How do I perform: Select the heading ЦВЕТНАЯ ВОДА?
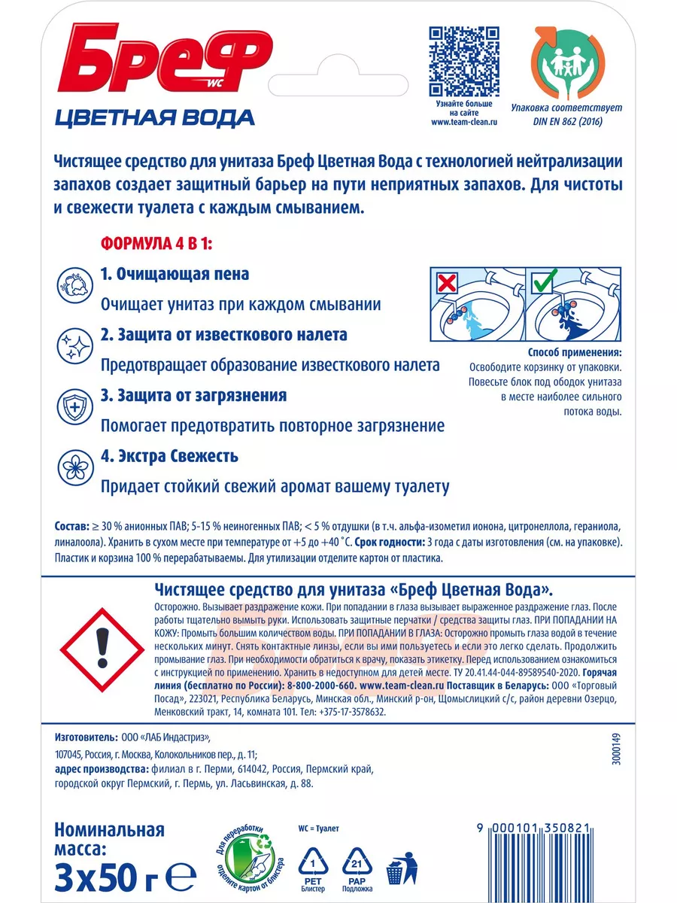[155, 117]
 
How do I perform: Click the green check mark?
[542, 284]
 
